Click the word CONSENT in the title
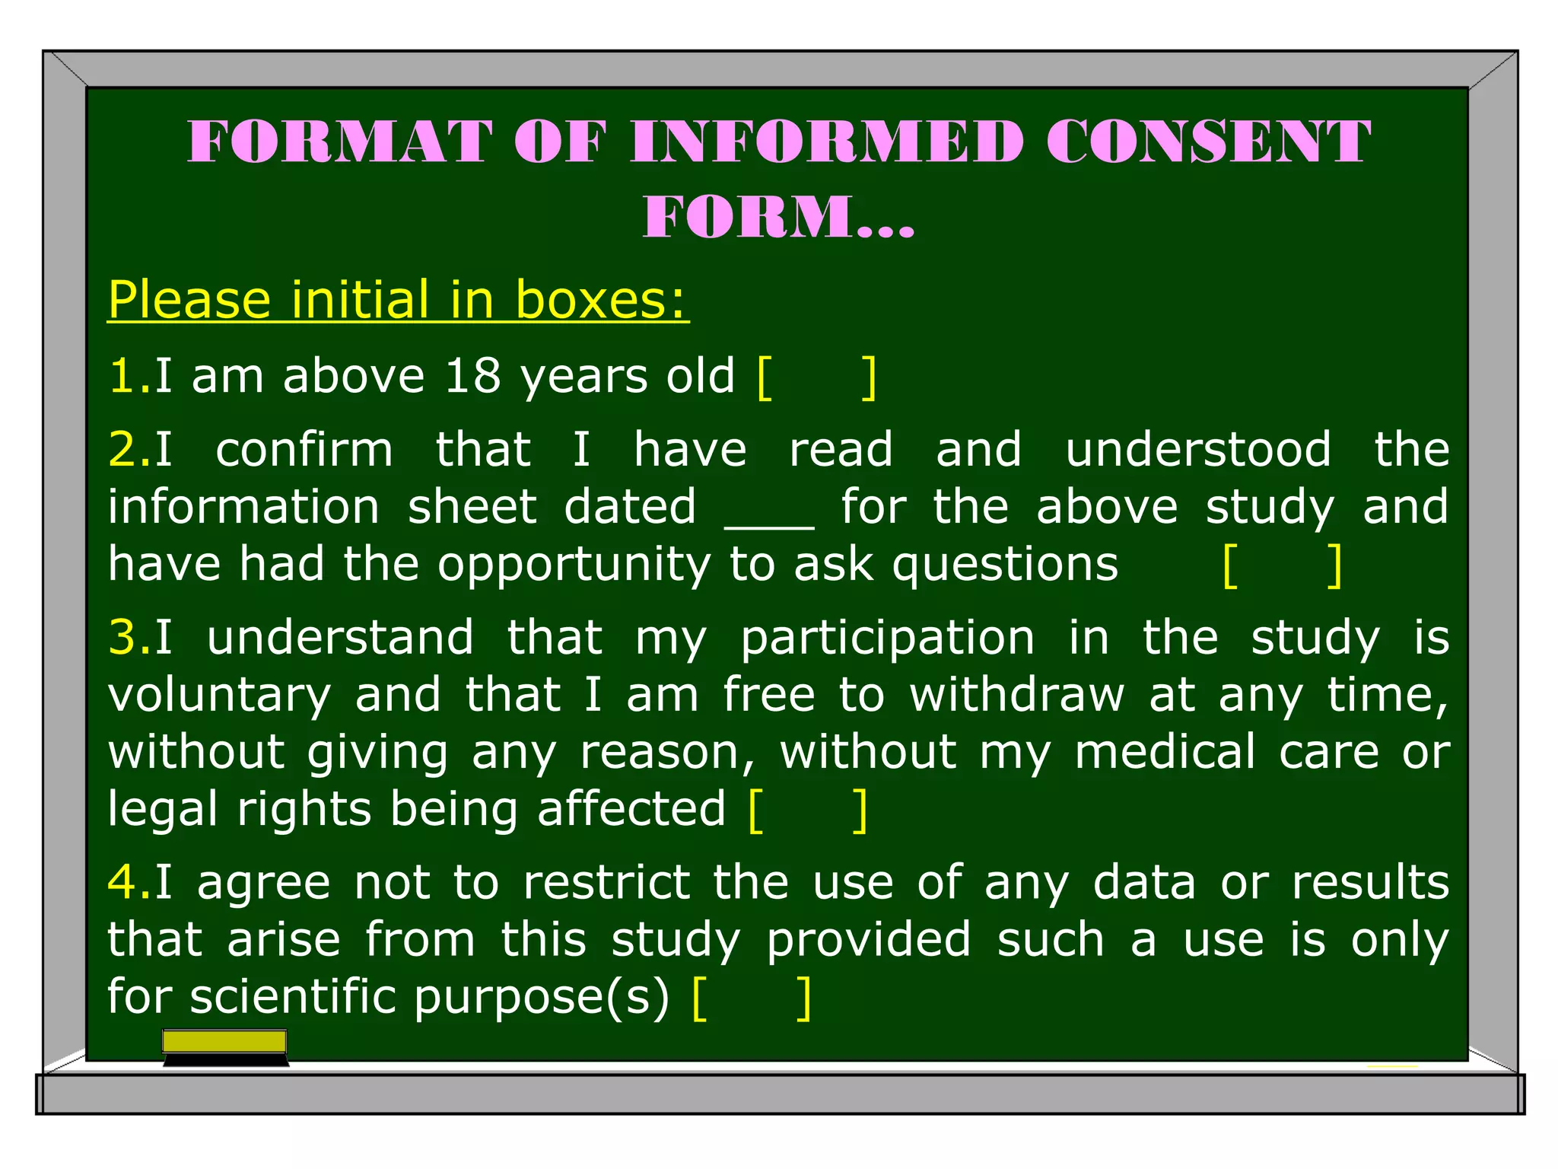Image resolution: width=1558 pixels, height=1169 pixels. [x=1208, y=142]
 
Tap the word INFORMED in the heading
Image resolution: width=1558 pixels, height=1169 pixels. [x=827, y=142]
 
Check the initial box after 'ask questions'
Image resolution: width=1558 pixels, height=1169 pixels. [x=1283, y=565]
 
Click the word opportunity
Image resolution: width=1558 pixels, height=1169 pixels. [x=574, y=565]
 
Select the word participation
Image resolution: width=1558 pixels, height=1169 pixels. [x=887, y=639]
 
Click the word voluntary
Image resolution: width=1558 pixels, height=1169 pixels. [x=219, y=696]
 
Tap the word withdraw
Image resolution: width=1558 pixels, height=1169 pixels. [x=1016, y=694]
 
